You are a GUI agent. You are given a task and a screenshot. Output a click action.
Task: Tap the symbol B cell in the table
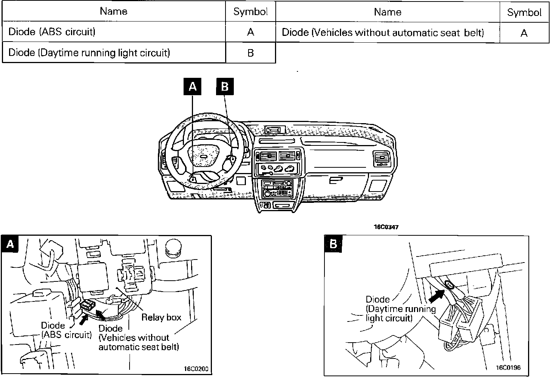tap(250, 53)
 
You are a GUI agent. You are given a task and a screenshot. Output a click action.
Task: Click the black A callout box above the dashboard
tap(193, 87)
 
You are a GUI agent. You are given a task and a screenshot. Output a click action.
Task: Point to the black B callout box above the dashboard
tap(225, 87)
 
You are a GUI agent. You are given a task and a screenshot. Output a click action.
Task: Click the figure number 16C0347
tap(386, 227)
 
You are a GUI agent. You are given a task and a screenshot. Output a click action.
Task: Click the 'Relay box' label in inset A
tap(161, 317)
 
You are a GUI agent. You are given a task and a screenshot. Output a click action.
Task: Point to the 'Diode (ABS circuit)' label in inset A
tap(66, 330)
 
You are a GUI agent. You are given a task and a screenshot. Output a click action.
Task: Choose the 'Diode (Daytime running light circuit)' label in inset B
tap(400, 309)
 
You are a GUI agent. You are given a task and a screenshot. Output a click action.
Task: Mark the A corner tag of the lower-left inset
tap(10, 244)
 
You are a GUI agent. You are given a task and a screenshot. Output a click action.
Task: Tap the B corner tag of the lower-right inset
tap(333, 244)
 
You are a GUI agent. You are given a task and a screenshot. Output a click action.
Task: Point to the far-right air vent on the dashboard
tap(382, 158)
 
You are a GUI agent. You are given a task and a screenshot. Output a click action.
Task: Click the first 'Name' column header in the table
tap(113, 11)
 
